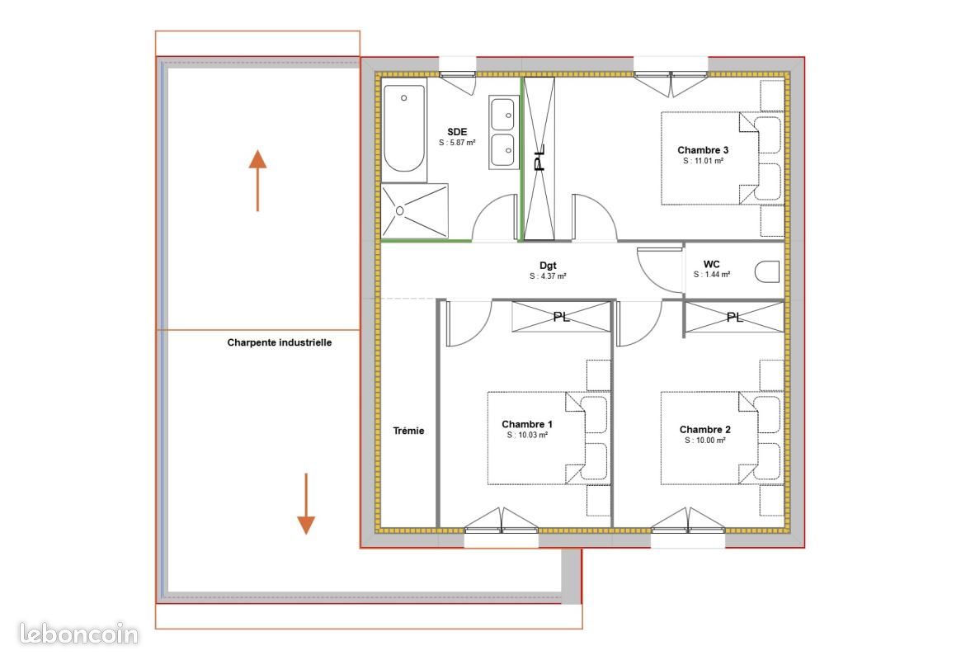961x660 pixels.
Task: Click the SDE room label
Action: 457,132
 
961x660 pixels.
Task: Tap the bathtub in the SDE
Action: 404,129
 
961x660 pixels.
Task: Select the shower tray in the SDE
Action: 414,211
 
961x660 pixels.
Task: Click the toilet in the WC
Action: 766,271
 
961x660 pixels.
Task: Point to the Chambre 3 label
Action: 703,150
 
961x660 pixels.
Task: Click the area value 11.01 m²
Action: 704,161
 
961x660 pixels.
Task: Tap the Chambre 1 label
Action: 527,424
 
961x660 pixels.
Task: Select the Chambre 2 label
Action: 704,430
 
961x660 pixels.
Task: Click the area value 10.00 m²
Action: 705,441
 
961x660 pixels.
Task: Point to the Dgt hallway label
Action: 548,266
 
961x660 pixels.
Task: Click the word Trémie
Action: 409,431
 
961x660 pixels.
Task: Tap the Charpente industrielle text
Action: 280,342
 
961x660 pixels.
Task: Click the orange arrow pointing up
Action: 257,181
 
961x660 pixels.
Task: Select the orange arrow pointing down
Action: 306,504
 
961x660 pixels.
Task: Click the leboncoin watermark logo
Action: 78,634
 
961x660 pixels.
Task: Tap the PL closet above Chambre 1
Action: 562,317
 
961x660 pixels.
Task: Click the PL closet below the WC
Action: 734,318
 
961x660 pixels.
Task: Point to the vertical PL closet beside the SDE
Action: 539,158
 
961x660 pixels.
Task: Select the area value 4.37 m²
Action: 548,276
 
